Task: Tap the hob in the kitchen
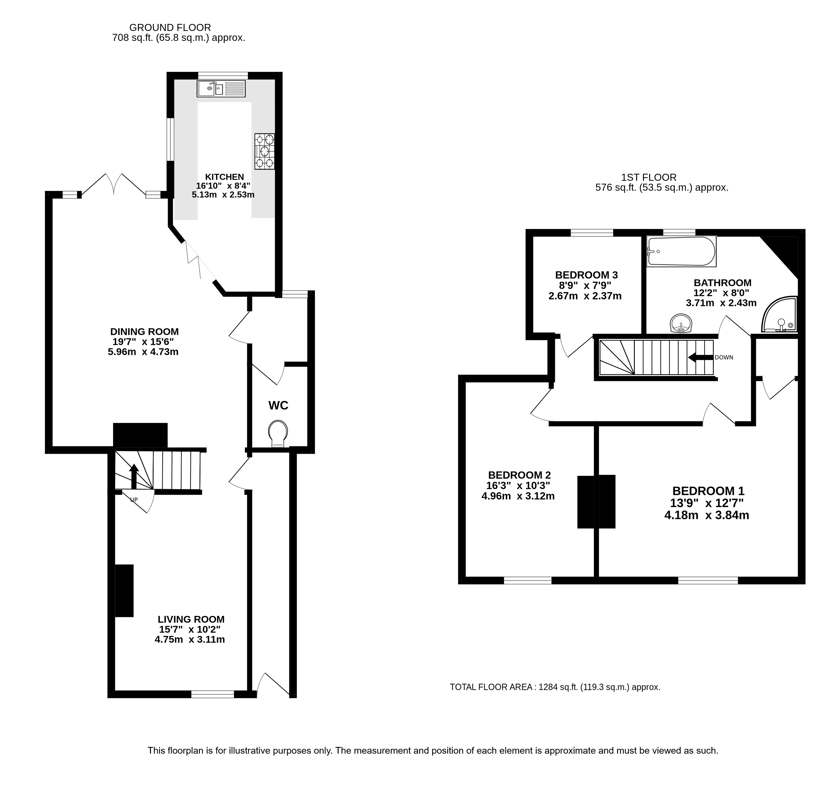click(265, 151)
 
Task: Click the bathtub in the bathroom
click(681, 251)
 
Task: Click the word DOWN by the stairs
click(724, 358)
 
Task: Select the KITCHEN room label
click(224, 177)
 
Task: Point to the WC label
click(278, 405)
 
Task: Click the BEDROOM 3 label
click(587, 275)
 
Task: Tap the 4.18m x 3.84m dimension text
click(707, 515)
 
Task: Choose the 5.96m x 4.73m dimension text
click(143, 352)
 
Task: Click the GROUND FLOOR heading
click(170, 28)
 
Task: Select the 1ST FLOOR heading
click(649, 177)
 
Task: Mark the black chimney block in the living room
click(124, 591)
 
